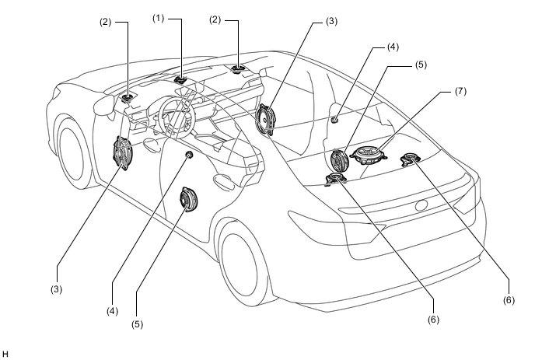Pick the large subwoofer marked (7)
click(369, 153)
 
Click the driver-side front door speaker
click(124, 153)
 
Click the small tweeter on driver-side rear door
click(189, 156)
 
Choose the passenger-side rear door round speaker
click(338, 161)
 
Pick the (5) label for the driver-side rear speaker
click(137, 323)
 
